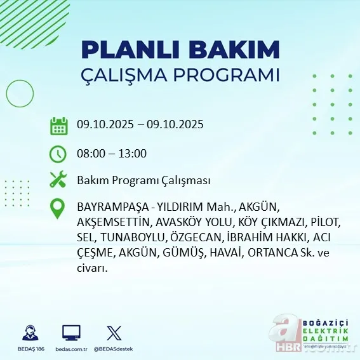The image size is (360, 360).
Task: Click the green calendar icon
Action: (58, 125)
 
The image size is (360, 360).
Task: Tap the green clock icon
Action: (58, 153)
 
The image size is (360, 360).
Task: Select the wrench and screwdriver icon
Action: (58, 180)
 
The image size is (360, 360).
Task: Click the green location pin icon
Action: (58, 209)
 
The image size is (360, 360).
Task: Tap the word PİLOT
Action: (326, 222)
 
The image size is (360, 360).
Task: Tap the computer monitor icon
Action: (71, 333)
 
